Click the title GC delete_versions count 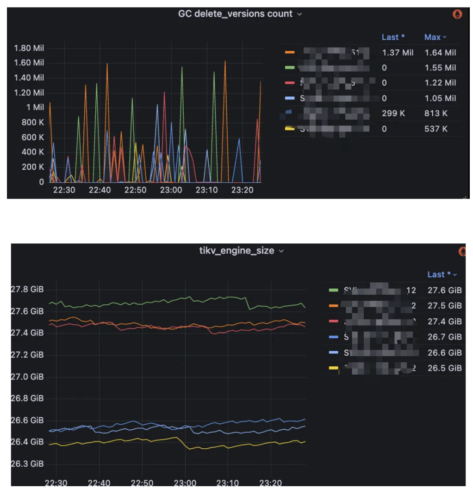tap(235, 14)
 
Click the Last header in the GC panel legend tap(393, 37)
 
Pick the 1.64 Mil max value tap(440, 52)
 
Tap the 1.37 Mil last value tap(398, 52)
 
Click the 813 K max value tap(436, 113)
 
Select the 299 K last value tap(393, 113)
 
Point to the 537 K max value tap(436, 129)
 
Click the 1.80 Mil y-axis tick tap(29, 48)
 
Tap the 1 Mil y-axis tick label tap(35, 107)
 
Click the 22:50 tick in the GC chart tap(135, 190)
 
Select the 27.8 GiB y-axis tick tap(27, 290)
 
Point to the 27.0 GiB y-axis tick tap(27, 377)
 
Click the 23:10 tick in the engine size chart tap(227, 483)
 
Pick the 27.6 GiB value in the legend tap(444, 291)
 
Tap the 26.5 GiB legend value tap(444, 368)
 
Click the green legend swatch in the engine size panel tap(333, 291)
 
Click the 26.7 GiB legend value tap(444, 337)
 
